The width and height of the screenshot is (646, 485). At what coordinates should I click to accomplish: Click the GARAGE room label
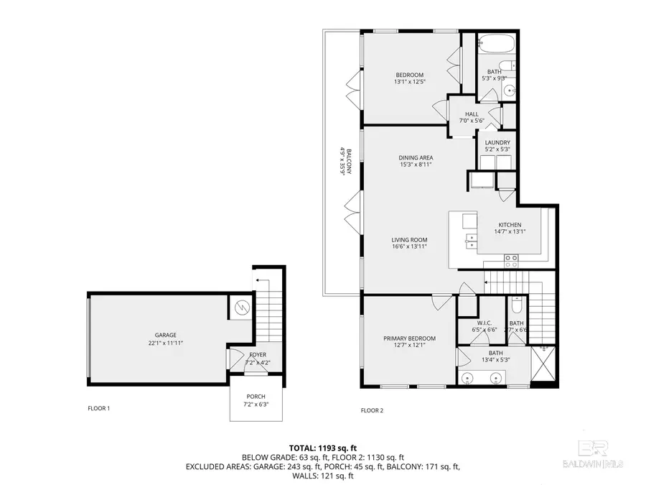pos(166,336)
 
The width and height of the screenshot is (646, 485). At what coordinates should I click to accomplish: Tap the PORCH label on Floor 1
pos(256,397)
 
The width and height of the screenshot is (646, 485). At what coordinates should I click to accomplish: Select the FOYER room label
pos(258,355)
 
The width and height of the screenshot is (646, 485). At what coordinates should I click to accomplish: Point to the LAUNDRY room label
pos(497,143)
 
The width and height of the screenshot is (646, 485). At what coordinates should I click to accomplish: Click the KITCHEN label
pos(510,225)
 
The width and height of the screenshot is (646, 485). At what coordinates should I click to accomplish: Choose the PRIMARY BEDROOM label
pos(409,338)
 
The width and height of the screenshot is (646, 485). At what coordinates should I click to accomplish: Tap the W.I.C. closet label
pos(484,323)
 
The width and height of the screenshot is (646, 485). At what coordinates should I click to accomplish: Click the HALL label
pos(472,114)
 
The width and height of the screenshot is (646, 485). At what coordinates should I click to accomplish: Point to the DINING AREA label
pos(416,157)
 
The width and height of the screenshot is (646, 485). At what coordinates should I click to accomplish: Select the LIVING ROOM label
pos(409,239)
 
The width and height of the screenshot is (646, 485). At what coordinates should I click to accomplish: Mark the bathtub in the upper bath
pos(497,43)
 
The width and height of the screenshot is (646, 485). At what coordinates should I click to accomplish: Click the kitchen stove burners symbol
pos(511,261)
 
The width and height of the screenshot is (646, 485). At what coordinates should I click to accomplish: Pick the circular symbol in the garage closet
pos(240,308)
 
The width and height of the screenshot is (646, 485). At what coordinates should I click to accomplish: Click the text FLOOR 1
pos(99,409)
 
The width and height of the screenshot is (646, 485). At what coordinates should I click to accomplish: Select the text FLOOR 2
pos(372,410)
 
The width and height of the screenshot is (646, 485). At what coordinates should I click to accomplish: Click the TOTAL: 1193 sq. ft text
pos(323,448)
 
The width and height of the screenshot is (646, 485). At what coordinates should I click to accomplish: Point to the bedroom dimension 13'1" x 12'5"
pos(410,82)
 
